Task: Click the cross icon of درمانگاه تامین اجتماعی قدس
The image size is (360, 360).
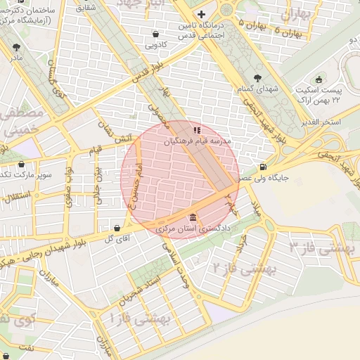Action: [x=202, y=14]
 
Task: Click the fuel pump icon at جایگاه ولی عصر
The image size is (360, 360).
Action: [x=263, y=167]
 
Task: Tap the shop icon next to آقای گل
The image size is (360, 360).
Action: [x=117, y=228]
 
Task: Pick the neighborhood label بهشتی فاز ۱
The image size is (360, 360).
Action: [x=138, y=319]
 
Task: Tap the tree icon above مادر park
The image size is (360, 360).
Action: [x=15, y=47]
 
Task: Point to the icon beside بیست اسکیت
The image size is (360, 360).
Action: [x=320, y=79]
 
